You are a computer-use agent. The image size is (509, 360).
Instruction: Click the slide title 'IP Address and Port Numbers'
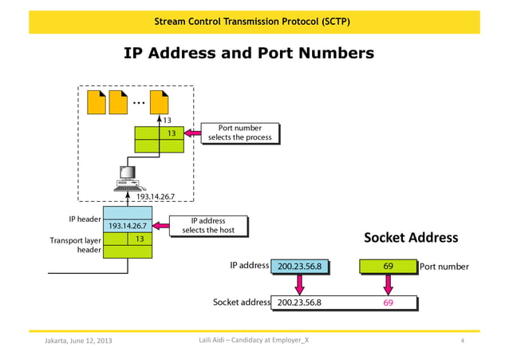249,53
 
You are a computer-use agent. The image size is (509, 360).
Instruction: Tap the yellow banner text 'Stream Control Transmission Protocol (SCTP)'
251,20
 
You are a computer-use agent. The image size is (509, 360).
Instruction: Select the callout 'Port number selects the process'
239,133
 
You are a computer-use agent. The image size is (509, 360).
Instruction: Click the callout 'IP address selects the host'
208,226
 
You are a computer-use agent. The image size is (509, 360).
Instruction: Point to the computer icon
125,176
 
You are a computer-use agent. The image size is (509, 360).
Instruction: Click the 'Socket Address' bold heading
411,237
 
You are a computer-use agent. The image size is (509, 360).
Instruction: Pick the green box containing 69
388,266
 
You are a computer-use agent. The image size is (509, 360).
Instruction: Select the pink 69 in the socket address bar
388,303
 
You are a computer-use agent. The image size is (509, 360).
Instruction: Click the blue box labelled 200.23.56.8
300,267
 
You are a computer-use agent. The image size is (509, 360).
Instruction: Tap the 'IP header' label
84,218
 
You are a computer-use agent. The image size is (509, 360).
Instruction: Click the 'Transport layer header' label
75,244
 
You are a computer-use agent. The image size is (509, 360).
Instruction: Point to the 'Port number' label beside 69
444,267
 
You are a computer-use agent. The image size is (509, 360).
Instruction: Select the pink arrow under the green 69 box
388,283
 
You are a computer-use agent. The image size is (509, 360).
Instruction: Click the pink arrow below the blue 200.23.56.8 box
300,283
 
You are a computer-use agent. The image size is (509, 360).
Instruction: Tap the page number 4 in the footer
463,342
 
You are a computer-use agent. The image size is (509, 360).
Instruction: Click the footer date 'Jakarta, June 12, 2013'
77,342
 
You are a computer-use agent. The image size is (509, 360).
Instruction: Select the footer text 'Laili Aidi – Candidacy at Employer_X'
253,342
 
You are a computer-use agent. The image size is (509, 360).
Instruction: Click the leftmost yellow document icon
97,102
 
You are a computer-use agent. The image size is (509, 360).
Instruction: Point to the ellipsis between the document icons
140,102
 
